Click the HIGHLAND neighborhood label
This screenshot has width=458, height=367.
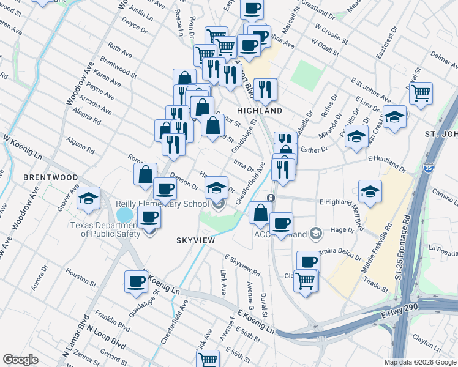pos(260,111)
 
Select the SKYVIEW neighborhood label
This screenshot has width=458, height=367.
pos(195,240)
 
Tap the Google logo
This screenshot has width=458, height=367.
pos(20,360)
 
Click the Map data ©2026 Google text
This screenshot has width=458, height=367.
pos(419,362)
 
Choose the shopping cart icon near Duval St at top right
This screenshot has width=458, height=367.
pos(421,94)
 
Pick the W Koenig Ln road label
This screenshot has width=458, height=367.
pos(22,147)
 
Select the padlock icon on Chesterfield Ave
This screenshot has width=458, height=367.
pos(271,197)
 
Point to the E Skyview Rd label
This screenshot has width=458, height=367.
pos(242,264)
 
